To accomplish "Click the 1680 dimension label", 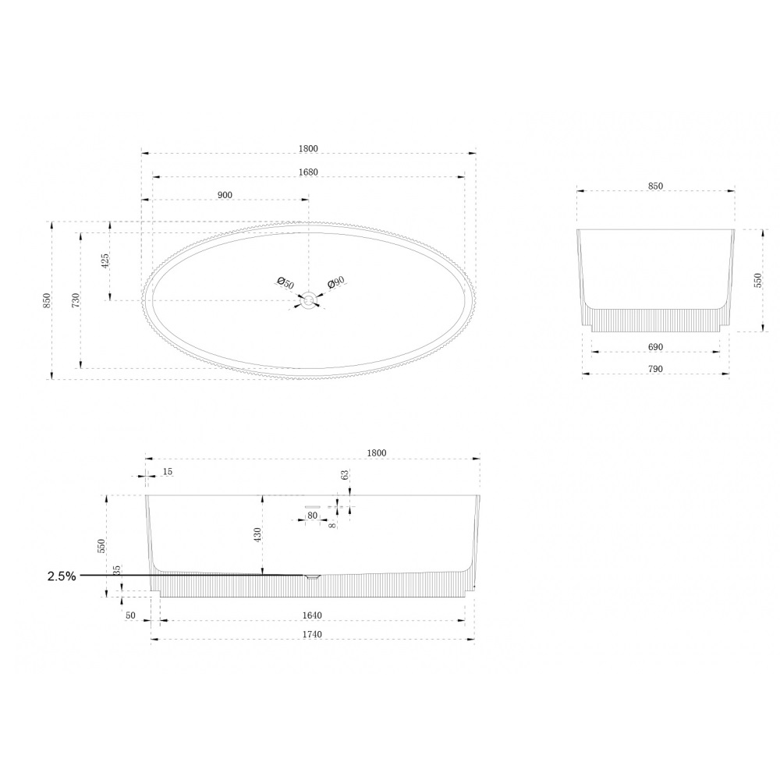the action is tap(308, 172).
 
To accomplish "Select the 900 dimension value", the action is tap(225, 195).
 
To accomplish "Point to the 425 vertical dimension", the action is tap(105, 261).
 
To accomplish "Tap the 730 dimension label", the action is tap(76, 300).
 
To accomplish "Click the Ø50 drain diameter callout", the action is tap(285, 283).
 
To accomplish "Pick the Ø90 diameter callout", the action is tap(336, 282).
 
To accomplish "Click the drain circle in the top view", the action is tap(309, 300).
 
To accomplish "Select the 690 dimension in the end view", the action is tap(656, 347).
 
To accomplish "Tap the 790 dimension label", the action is tap(656, 369).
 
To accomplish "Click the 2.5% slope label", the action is tap(62, 576).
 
